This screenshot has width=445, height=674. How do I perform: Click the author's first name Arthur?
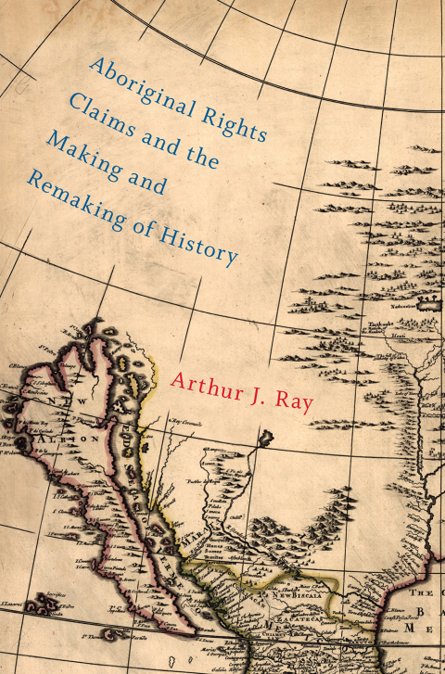[209, 381]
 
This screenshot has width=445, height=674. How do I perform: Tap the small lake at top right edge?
[429, 303]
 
